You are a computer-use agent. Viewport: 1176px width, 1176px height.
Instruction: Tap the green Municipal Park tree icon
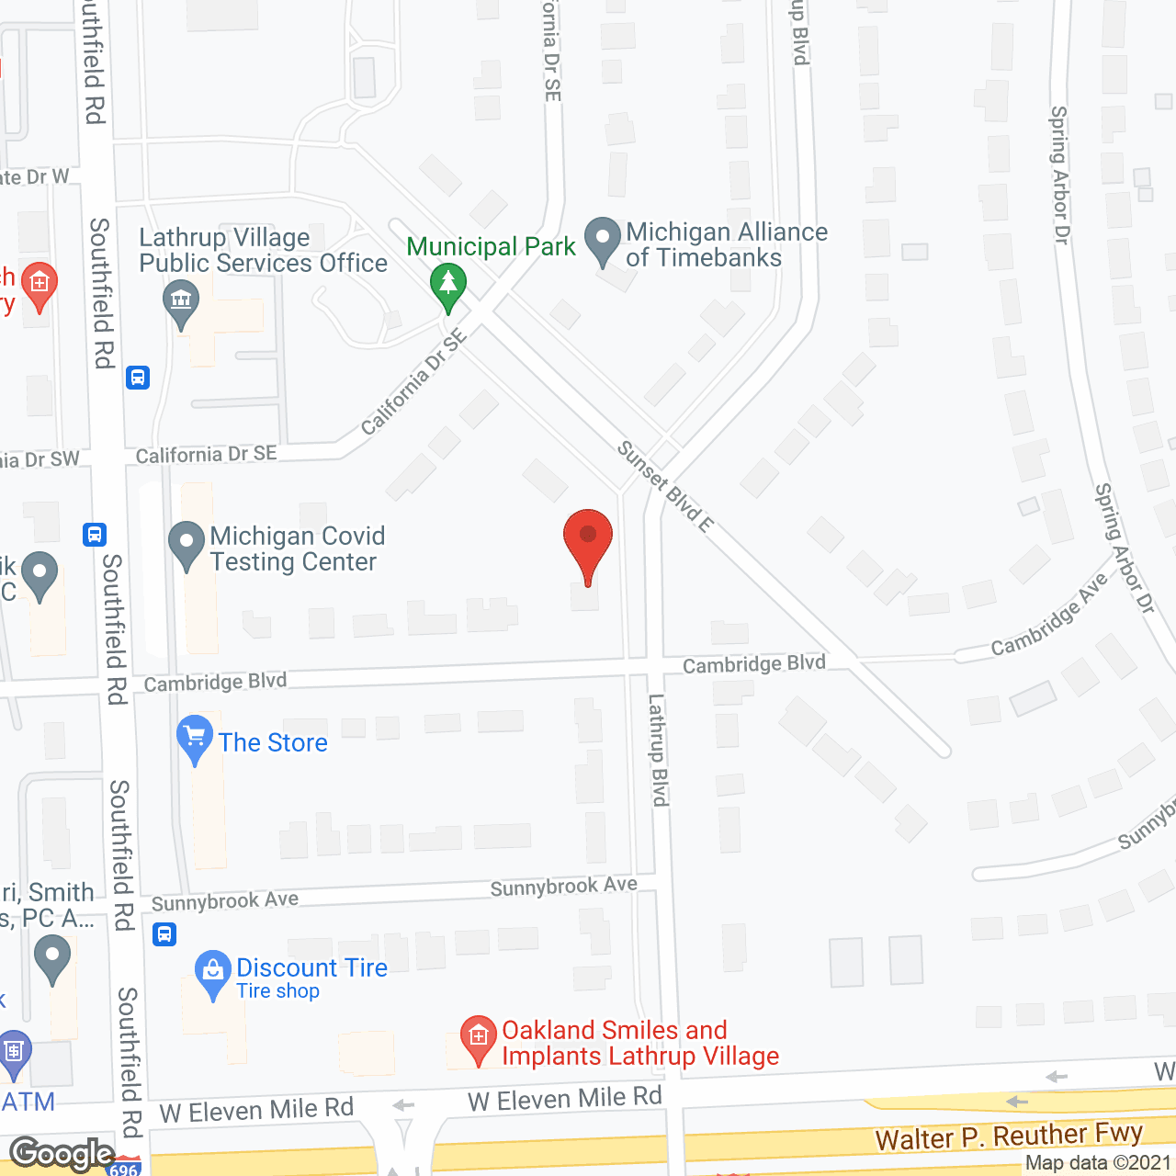(447, 284)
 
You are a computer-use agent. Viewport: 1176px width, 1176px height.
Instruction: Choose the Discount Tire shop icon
(213, 972)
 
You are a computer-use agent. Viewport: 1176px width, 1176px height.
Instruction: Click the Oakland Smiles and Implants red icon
(478, 1038)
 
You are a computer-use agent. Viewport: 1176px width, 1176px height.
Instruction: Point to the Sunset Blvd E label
(665, 487)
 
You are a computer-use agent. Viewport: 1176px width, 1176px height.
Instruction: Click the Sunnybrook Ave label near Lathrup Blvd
(563, 887)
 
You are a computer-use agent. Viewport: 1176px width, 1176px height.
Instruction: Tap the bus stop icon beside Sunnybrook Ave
(164, 934)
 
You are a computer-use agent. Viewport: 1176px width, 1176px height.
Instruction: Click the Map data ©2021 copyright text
(1098, 1163)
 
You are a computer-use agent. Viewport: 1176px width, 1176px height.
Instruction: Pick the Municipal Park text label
(491, 246)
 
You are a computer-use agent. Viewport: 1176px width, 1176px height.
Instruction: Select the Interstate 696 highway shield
(123, 1168)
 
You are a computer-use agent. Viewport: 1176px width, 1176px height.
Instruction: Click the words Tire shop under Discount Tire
(277, 991)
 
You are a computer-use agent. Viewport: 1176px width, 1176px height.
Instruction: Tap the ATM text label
(28, 1102)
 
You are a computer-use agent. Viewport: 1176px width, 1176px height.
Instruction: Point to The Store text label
(273, 742)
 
